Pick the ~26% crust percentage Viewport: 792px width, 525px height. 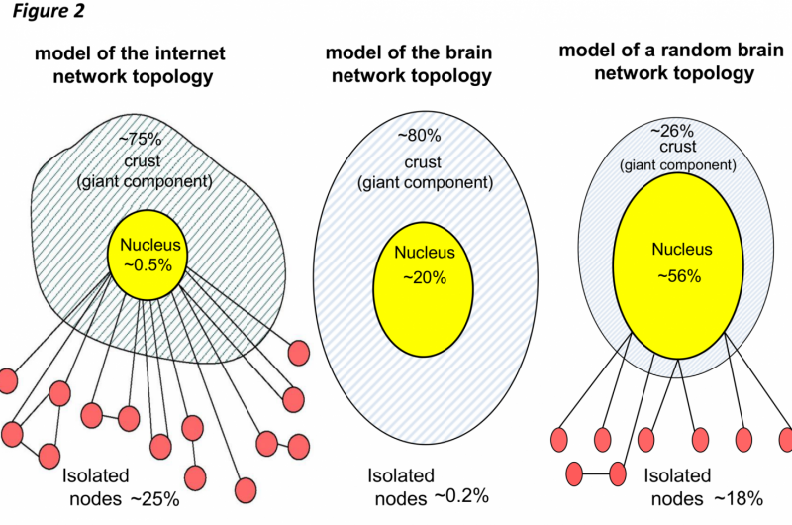point(670,129)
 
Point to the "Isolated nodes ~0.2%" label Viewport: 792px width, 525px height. point(427,485)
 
